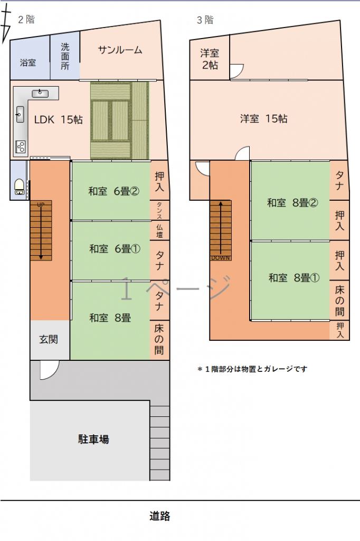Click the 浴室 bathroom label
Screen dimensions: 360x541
click(27, 62)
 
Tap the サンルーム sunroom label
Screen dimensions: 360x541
click(120, 50)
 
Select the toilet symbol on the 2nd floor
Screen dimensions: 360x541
click(20, 186)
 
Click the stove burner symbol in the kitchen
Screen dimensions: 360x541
click(21, 147)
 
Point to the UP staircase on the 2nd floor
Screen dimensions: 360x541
click(41, 230)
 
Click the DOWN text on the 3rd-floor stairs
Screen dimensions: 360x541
click(221, 258)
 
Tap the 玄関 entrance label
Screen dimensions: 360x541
click(48, 340)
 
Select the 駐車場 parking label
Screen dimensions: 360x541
click(93, 439)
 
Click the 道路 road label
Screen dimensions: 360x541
click(159, 516)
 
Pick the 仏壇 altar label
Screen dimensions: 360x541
click(159, 231)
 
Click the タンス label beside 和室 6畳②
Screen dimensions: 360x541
click(159, 210)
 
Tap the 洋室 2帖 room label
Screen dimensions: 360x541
click(210, 59)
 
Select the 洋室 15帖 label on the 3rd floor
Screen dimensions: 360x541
click(264, 119)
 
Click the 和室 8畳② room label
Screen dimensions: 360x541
click(292, 202)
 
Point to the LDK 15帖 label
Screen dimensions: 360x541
click(58, 120)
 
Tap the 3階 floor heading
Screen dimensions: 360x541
click(205, 20)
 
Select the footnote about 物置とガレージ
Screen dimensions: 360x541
click(252, 369)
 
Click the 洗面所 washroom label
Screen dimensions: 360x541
click(65, 56)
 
